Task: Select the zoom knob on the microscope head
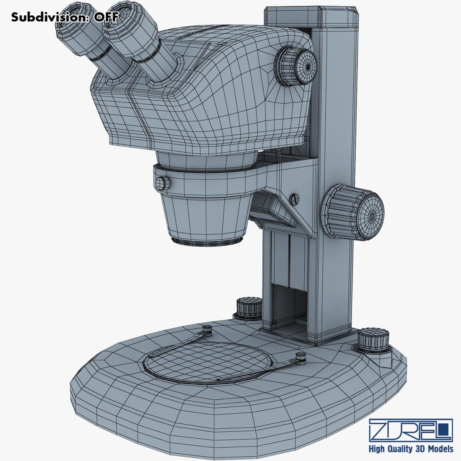click(296, 66)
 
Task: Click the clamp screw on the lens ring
click(163, 182)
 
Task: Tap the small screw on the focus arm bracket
click(294, 199)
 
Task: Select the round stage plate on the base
click(207, 361)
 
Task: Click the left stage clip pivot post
click(207, 329)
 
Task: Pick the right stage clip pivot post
click(300, 358)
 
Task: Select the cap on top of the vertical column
click(311, 17)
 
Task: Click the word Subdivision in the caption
click(48, 17)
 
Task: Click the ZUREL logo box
click(410, 430)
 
